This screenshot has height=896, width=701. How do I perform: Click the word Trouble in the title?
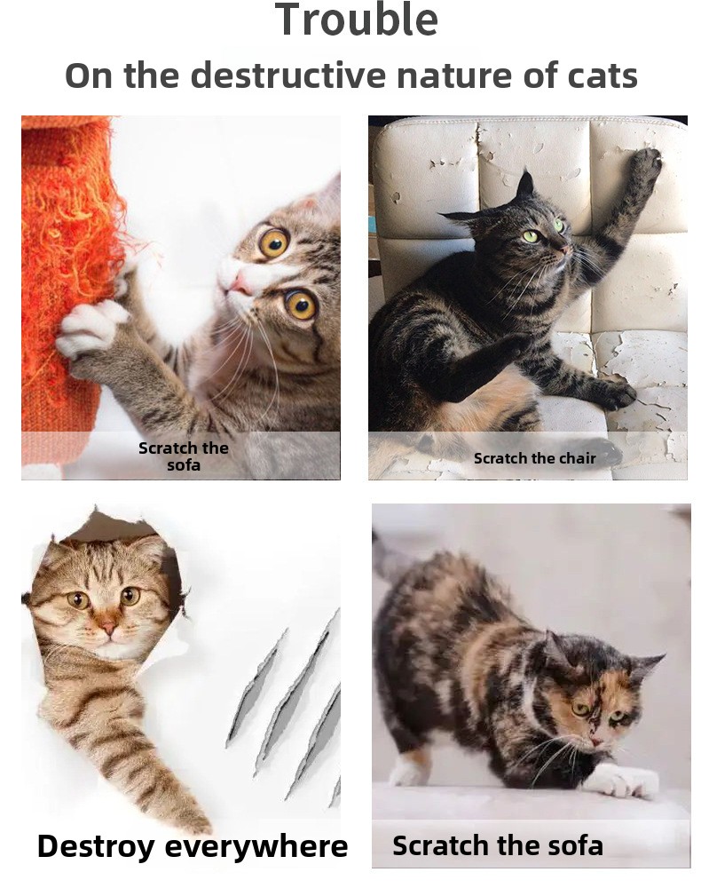pos(357,20)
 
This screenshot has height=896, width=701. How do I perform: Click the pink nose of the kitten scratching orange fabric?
pos(239,281)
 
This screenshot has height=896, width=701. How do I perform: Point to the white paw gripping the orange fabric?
pos(91,328)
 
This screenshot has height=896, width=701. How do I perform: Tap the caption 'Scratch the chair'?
pos(534,458)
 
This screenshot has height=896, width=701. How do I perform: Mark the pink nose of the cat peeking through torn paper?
pos(109,628)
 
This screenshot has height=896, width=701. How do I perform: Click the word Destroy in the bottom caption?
pos(96,846)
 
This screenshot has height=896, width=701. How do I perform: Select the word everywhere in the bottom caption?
pos(256,847)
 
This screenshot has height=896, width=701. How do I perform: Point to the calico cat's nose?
pos(595,741)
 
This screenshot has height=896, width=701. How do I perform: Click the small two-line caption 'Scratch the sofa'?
pos(184,456)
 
